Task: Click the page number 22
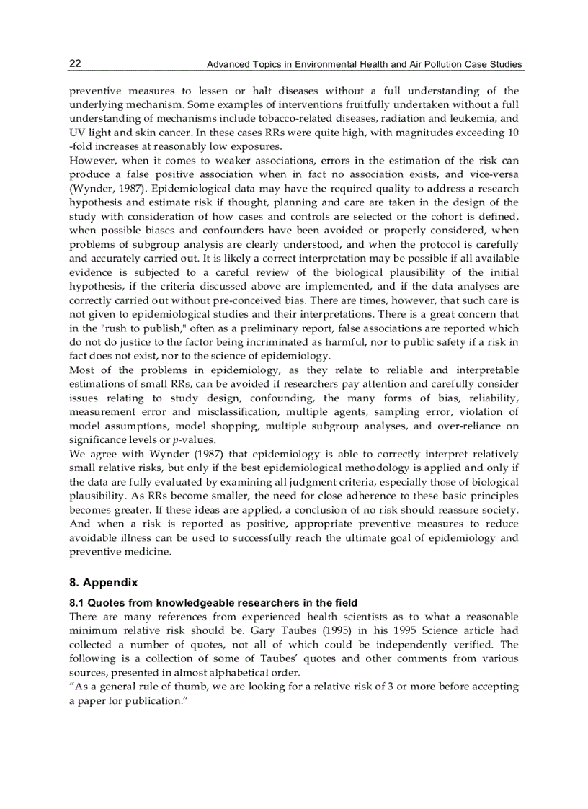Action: (75, 63)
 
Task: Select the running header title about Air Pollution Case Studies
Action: (364, 65)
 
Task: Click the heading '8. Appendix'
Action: (104, 583)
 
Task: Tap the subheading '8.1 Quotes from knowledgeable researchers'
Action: (213, 602)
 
